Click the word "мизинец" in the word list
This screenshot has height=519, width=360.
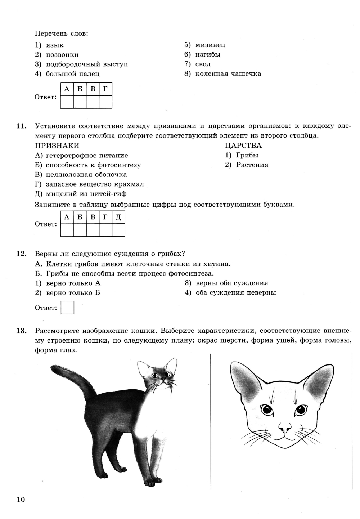point(210,45)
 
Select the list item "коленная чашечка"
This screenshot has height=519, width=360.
point(228,74)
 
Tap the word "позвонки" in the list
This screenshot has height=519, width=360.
point(62,55)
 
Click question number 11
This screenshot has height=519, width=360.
point(21,126)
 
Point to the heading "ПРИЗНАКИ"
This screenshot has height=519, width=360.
point(57,146)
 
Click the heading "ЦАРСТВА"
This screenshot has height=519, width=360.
point(243,146)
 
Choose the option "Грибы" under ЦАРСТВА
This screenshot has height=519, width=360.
point(247,155)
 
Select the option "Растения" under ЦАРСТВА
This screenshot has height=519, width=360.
point(252,165)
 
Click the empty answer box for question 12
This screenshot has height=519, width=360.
point(67,308)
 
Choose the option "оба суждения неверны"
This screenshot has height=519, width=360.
point(235,292)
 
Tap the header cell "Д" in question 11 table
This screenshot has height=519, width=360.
point(118,218)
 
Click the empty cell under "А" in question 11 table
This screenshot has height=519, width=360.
point(67,230)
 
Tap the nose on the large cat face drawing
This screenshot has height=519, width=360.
point(285,428)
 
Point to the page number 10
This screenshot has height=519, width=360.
point(21,500)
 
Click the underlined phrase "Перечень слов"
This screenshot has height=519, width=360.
point(60,34)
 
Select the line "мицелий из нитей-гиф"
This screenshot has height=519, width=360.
point(86,194)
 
